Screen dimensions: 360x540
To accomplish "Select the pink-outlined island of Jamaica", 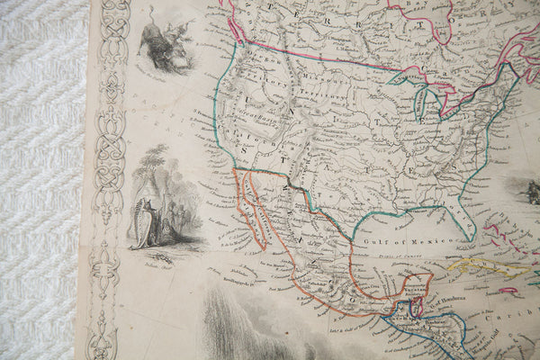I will tap(508, 291).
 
